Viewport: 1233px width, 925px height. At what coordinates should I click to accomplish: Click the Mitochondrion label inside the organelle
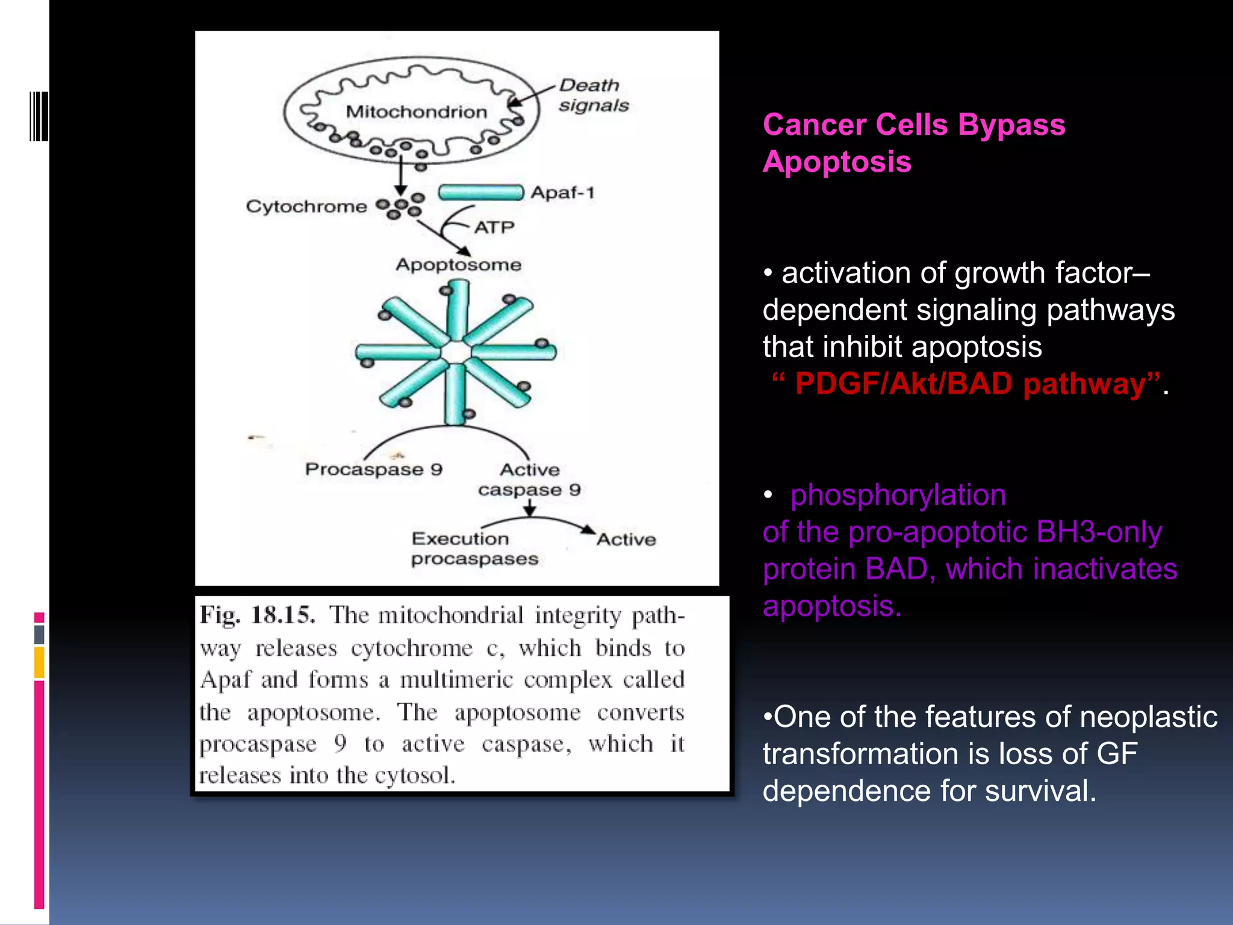coord(416,112)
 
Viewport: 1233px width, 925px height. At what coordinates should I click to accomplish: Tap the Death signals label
coord(592,95)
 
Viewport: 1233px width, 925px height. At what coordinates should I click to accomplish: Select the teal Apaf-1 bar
coord(480,193)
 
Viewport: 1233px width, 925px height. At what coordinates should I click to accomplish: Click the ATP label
coord(494,228)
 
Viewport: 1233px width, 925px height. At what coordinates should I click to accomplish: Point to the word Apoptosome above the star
coord(458,265)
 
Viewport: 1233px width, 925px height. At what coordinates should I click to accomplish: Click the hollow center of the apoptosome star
coord(456,353)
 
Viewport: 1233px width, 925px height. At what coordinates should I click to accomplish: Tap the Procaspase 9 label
coord(373,469)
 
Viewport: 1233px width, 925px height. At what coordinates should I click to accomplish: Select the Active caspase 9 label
coord(529,479)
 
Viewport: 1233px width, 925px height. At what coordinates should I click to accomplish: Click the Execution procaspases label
coord(474,549)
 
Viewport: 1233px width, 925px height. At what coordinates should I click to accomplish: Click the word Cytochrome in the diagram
coord(306,207)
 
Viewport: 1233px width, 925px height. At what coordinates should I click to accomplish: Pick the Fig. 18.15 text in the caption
coord(258,615)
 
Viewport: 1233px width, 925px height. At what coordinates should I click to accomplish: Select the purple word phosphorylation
coord(898,495)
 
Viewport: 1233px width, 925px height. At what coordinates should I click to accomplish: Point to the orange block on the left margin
coord(39,662)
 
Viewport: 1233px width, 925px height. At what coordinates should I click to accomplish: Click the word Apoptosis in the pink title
coord(837,162)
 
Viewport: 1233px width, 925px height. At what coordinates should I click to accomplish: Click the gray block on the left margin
coord(39,634)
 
